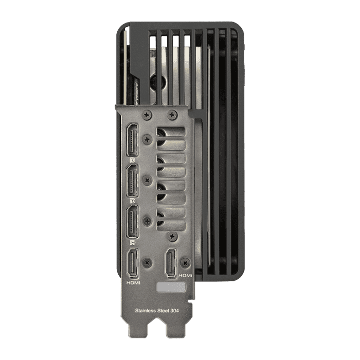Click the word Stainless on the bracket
[x=146, y=311]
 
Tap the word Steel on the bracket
[x=163, y=311]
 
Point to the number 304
[x=175, y=311]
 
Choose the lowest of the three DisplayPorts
[x=132, y=222]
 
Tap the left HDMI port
[x=133, y=263]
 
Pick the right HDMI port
[x=170, y=263]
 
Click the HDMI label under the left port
[x=133, y=283]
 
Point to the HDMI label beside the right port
[x=185, y=275]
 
